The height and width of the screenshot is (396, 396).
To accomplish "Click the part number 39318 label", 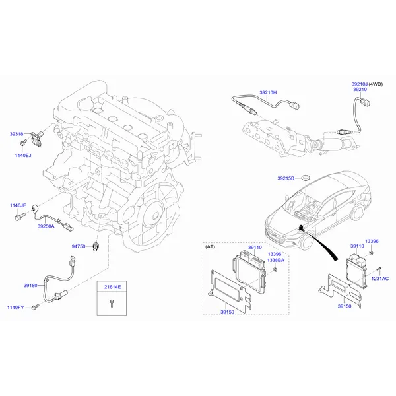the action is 16,134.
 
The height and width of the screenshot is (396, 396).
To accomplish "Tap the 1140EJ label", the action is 23,155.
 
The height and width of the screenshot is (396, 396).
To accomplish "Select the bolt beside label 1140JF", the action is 20,216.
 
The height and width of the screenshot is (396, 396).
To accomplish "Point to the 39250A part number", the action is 46,226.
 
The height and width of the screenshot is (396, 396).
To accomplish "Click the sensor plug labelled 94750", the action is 96,246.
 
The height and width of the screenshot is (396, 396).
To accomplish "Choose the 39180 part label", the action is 30,285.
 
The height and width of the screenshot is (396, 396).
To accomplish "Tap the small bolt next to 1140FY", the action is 36,307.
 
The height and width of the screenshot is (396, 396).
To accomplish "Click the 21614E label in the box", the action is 113,287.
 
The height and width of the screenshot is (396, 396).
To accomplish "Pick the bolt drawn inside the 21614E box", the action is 112,303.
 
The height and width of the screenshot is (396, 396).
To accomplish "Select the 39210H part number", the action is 268,92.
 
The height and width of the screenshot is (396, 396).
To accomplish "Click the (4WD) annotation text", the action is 376,84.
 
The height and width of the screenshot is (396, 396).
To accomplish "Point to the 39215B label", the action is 286,178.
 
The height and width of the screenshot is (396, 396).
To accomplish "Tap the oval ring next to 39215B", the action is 306,178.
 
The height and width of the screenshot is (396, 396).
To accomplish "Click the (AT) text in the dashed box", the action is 211,246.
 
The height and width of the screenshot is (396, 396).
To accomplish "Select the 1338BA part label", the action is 276,260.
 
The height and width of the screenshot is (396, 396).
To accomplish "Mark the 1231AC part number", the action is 380,279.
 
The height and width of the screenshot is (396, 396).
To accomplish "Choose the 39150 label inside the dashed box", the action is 227,312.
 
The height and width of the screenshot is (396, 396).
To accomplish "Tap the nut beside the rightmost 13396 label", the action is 372,253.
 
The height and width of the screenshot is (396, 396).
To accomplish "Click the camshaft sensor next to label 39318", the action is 37,138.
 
